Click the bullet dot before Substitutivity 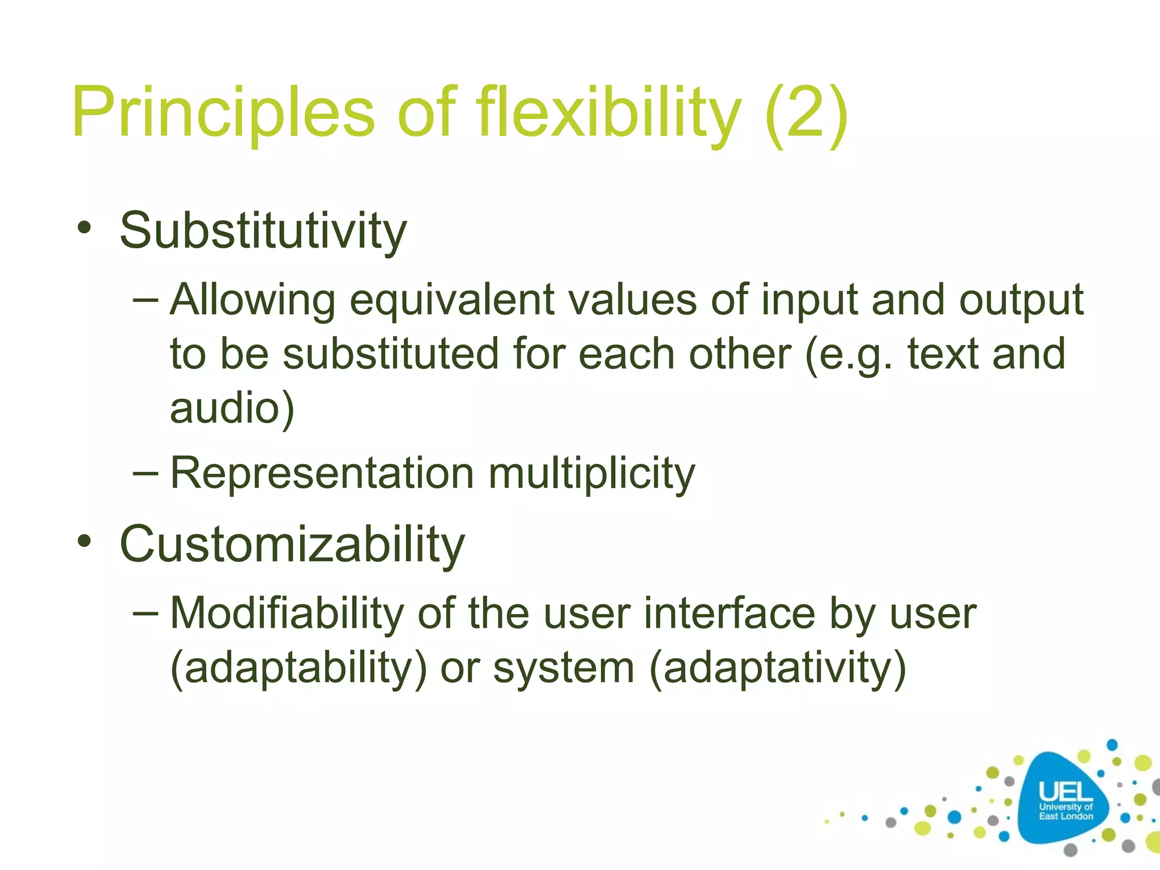(84, 228)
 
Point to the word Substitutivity (263, 231)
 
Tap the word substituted (390, 354)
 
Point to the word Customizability (292, 544)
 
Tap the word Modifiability (287, 613)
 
